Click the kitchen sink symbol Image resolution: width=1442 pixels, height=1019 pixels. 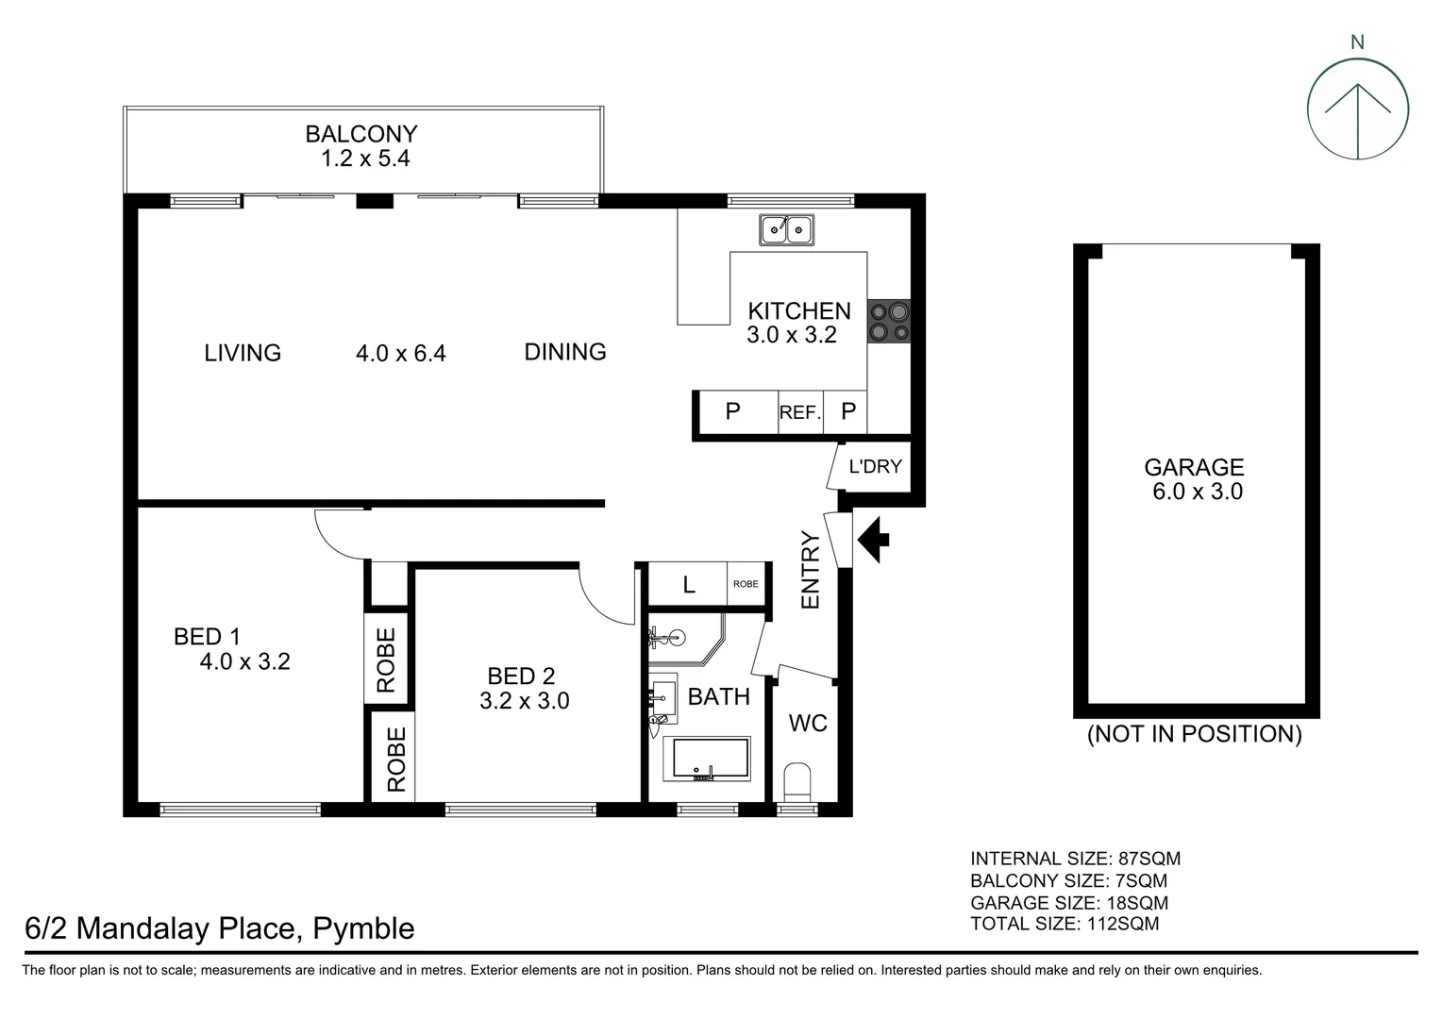pyautogui.click(x=788, y=229)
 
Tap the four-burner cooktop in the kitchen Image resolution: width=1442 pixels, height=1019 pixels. pyautogui.click(x=888, y=321)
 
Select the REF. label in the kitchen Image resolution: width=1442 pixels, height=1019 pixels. pyautogui.click(x=800, y=413)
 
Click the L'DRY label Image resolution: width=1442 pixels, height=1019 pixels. pyautogui.click(x=875, y=466)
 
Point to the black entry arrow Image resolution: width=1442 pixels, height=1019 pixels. pyautogui.click(x=873, y=540)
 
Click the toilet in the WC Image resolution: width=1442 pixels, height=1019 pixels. pyautogui.click(x=797, y=782)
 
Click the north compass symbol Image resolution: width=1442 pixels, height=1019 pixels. pyautogui.click(x=1357, y=109)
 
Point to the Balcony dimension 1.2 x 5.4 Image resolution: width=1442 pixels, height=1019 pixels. pyautogui.click(x=365, y=159)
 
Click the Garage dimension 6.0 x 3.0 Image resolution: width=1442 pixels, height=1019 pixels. pyautogui.click(x=1197, y=492)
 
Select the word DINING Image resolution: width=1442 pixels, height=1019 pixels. pyautogui.click(x=565, y=352)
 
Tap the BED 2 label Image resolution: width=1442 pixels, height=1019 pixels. pyautogui.click(x=521, y=676)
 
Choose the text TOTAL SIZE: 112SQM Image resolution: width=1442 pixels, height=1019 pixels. pyautogui.click(x=1065, y=924)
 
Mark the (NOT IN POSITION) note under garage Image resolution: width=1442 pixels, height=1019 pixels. pyautogui.click(x=1194, y=734)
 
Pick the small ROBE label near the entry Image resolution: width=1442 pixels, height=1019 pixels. pyautogui.click(x=746, y=584)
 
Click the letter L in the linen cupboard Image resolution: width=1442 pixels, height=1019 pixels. pyautogui.click(x=689, y=585)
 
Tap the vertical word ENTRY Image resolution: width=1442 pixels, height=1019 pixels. pyautogui.click(x=811, y=570)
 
